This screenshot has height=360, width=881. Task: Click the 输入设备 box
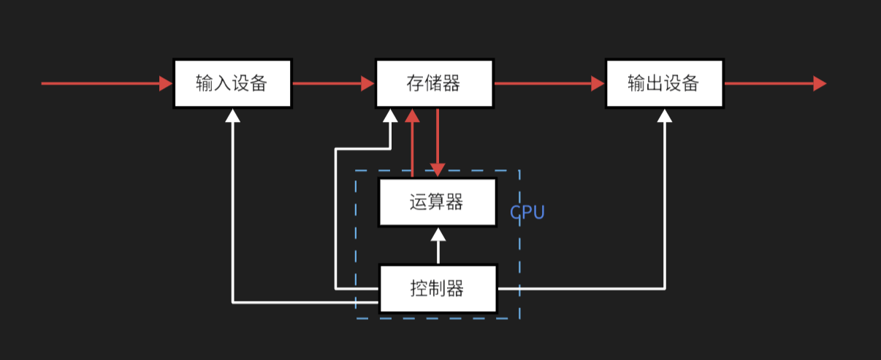pos(232,83)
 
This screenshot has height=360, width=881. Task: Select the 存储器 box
pos(434,83)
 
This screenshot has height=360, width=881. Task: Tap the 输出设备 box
pos(664,83)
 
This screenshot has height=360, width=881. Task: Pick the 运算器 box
pos(437,202)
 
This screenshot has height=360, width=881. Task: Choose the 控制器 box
pos(437,288)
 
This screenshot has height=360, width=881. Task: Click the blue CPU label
pos(527,212)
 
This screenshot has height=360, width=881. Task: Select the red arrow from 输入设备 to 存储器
pos(333,83)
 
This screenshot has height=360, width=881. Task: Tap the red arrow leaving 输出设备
pos(774,83)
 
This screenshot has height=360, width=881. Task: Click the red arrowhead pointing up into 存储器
pos(413,116)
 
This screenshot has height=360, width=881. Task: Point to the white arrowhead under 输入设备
pos(232,115)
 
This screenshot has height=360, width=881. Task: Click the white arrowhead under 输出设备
pos(665,115)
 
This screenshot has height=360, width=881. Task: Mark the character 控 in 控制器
pos(419,288)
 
